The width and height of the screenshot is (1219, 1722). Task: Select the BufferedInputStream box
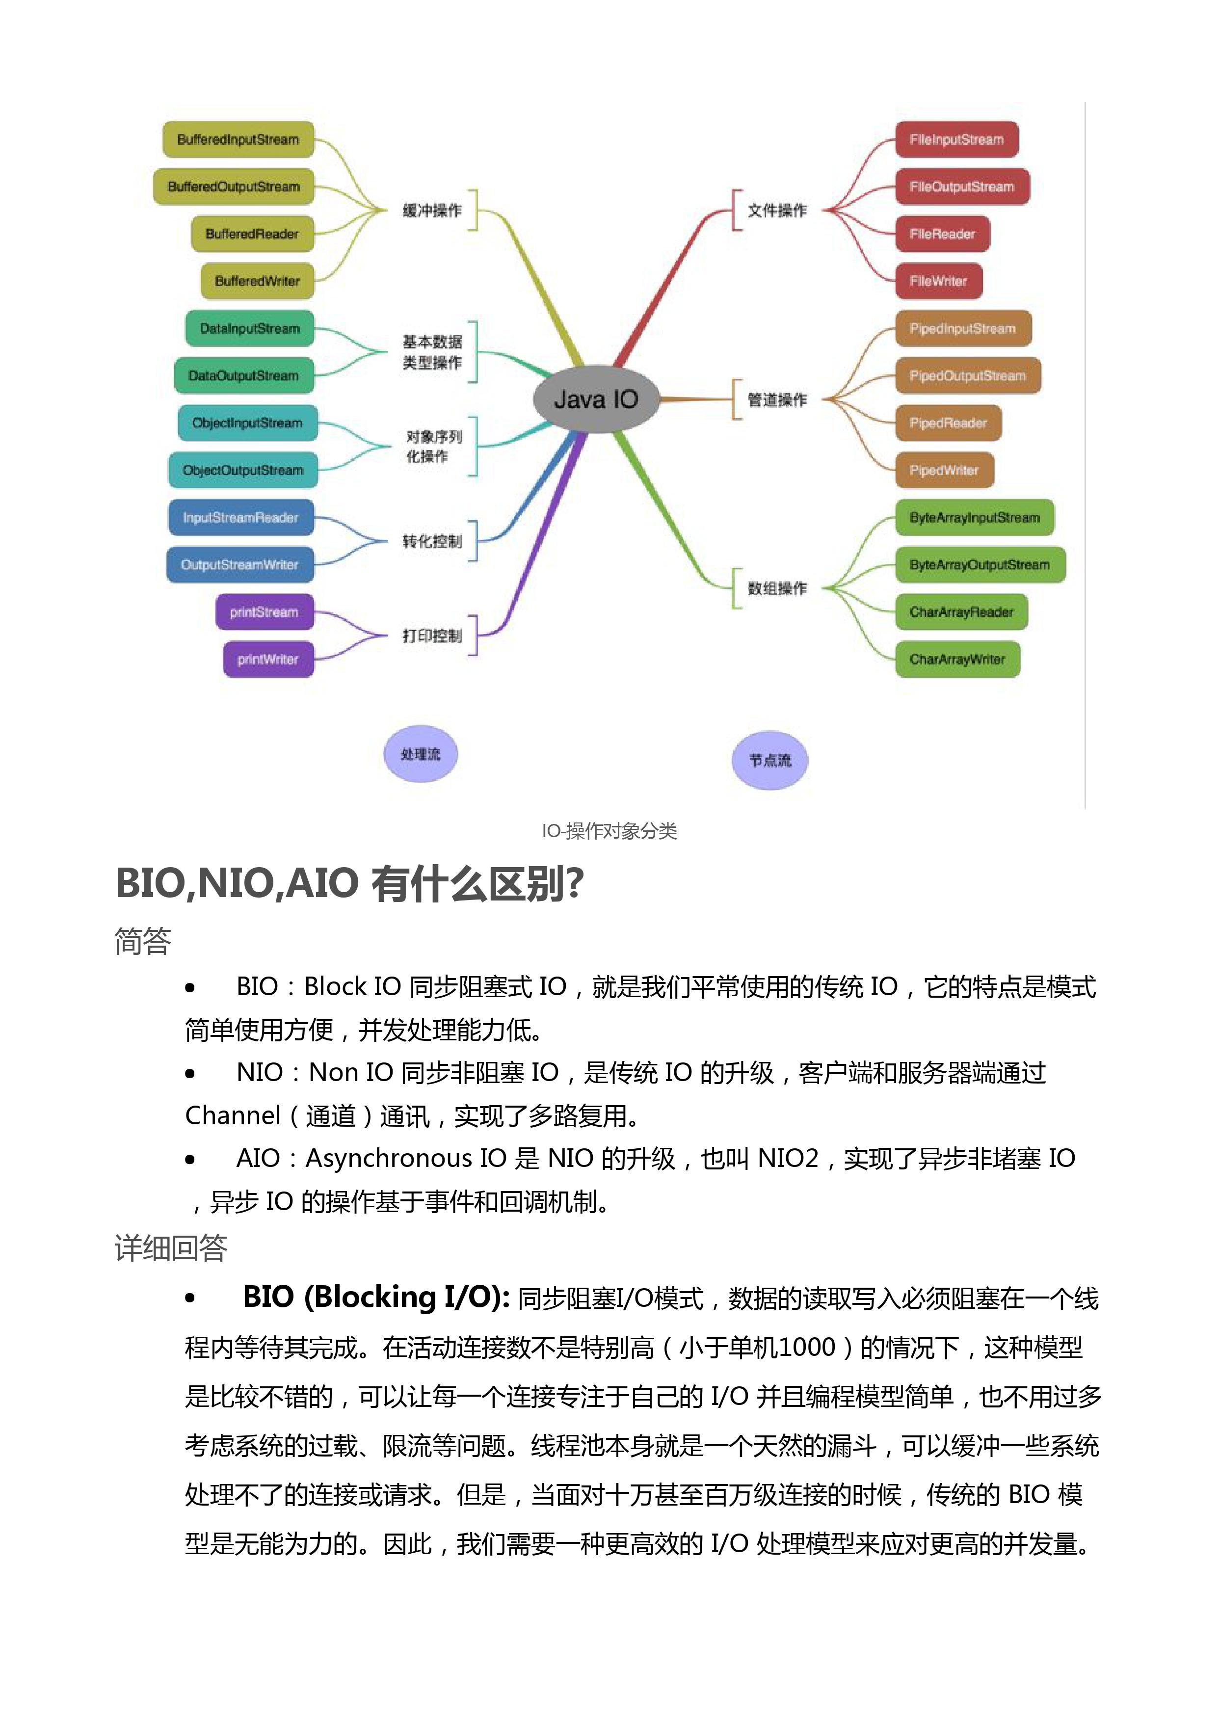pos(238,140)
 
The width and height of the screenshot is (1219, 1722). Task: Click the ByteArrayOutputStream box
pos(980,564)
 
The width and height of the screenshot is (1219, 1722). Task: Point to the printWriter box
pos(268,659)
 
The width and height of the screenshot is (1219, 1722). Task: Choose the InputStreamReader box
pos(240,517)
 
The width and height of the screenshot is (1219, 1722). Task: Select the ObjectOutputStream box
pos(242,470)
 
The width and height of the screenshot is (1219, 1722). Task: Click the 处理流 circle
pos(421,754)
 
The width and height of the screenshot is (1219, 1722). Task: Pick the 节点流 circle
pos(770,761)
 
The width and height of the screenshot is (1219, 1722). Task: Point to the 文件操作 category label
pos(777,210)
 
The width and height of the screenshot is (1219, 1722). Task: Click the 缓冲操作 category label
pos(431,210)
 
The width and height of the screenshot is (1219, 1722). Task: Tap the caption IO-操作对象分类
pos(609,831)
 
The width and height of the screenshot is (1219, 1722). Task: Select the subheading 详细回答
pos(170,1247)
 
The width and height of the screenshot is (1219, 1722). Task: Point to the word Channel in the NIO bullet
pos(233,1115)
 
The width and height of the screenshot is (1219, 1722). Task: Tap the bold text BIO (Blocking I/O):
pos(376,1297)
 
